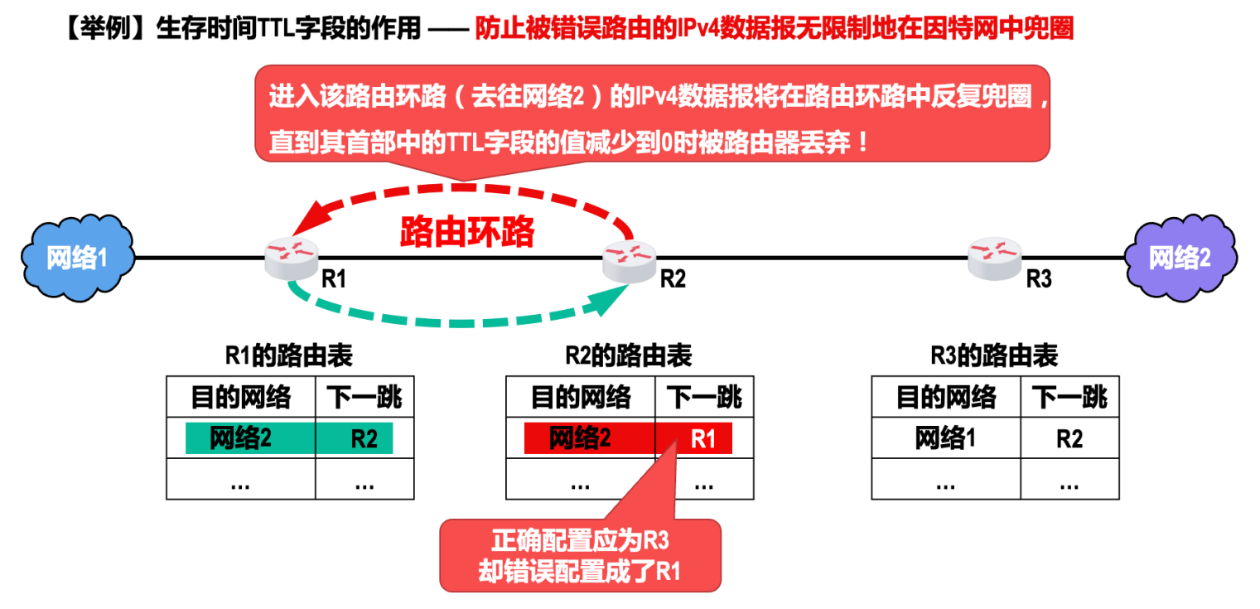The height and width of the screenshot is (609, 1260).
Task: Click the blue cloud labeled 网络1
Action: (x=77, y=258)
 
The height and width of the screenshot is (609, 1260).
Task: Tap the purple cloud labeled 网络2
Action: (x=1180, y=258)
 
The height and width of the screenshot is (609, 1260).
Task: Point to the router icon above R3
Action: (x=995, y=254)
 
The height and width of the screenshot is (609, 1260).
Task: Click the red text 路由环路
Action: (x=467, y=232)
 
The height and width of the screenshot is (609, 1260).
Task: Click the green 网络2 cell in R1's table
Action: (x=241, y=438)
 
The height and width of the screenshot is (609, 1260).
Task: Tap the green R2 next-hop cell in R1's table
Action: (x=364, y=438)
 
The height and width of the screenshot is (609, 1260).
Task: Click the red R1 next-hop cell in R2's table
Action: (x=702, y=438)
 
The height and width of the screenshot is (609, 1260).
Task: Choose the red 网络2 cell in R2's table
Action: (x=580, y=438)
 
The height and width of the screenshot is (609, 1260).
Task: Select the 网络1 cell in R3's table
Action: (x=946, y=438)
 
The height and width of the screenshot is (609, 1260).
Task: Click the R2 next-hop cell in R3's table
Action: (x=1069, y=438)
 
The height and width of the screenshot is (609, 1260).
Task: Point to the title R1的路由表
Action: (x=289, y=356)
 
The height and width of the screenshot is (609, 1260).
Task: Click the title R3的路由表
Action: (x=994, y=356)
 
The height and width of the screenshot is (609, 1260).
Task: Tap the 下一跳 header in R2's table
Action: (x=704, y=398)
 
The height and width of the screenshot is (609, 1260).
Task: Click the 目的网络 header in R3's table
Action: (x=946, y=398)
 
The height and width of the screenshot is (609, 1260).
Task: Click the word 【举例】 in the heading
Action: (x=104, y=29)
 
